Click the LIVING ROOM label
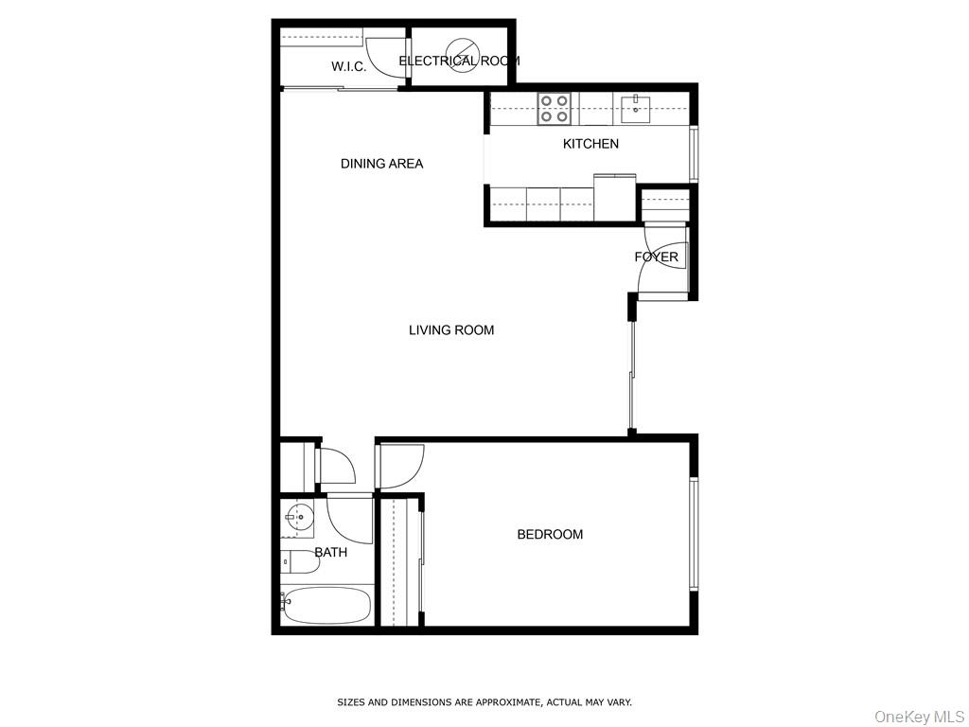coord(451,330)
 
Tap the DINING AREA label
coord(381,164)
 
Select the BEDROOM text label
coord(550,535)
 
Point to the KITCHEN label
coord(590,144)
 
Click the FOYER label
coord(656,257)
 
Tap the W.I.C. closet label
coord(348,67)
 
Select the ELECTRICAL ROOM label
coord(459,62)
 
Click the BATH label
coord(330,553)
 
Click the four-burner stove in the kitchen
coord(555,109)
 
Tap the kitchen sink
coord(635,109)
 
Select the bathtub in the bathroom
coord(326,606)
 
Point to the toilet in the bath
coord(299,562)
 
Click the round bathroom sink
coord(299,519)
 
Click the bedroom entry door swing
coord(398,467)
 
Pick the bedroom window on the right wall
coord(694,534)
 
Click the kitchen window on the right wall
coord(694,152)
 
